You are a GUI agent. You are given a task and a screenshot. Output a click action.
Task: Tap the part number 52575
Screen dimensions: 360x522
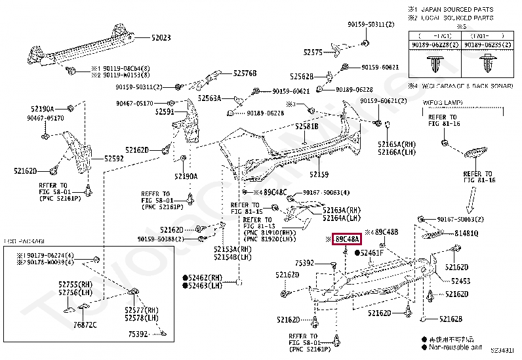tap(313, 52)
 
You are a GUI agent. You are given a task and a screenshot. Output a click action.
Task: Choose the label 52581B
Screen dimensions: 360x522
tap(306, 126)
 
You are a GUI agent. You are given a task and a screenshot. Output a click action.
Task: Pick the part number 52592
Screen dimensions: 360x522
tap(113, 158)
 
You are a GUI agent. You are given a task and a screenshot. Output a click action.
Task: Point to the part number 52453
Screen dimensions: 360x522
tap(460, 281)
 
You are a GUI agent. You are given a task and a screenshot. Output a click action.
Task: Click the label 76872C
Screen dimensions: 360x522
tap(85, 325)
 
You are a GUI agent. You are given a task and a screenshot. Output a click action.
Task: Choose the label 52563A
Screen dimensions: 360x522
tap(211, 97)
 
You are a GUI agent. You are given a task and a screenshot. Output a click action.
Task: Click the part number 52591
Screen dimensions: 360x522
tap(165, 112)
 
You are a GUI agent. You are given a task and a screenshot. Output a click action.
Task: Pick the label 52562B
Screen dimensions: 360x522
tap(302, 76)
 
